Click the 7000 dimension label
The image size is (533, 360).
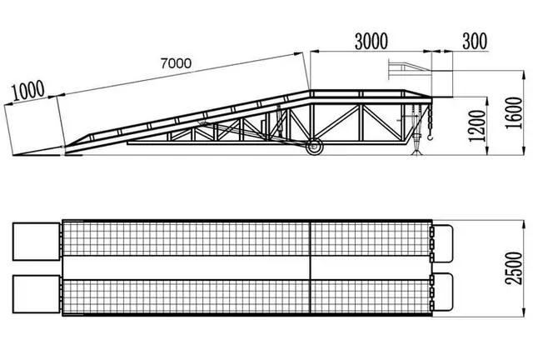click(x=176, y=63)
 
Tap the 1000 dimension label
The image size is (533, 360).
click(x=27, y=91)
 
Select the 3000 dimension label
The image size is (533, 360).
click(x=371, y=42)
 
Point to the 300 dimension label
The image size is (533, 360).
click(x=475, y=41)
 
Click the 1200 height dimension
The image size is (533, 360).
click(x=477, y=126)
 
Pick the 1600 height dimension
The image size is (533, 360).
click(x=513, y=113)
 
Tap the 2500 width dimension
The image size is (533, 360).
click(x=513, y=268)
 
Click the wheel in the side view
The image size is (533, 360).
click(x=315, y=147)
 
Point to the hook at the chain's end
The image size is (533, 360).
click(x=431, y=137)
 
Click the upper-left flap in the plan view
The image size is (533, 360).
click(x=36, y=242)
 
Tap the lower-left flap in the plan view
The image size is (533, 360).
click(x=36, y=294)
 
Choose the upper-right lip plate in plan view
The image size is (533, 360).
click(x=443, y=243)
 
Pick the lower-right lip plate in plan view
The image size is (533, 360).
click(x=443, y=292)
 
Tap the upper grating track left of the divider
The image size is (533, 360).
click(x=187, y=238)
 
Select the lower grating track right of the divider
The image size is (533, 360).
click(x=371, y=297)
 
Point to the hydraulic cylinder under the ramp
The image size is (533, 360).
click(x=280, y=122)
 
